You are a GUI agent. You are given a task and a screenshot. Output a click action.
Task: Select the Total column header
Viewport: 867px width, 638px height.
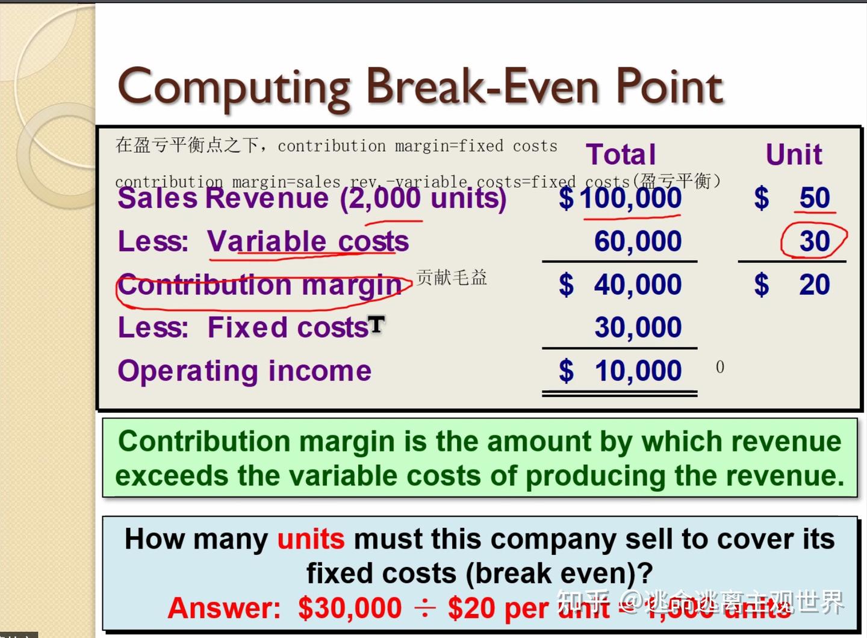pyautogui.click(x=621, y=155)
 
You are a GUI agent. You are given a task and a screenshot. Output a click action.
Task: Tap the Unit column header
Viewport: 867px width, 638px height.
pyautogui.click(x=794, y=155)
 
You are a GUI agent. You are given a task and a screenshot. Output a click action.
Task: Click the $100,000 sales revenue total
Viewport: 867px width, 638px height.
pyautogui.click(x=630, y=198)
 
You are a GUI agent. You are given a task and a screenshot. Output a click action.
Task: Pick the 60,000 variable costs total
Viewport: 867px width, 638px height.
pyautogui.click(x=638, y=241)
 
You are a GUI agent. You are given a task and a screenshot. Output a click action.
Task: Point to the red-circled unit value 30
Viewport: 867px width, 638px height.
pyautogui.click(x=815, y=241)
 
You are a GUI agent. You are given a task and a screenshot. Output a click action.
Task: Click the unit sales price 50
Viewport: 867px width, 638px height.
pyautogui.click(x=815, y=198)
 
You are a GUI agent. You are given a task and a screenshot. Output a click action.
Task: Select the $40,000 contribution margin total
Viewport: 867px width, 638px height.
pyautogui.click(x=637, y=285)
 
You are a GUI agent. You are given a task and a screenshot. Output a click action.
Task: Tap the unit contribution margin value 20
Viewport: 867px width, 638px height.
pyautogui.click(x=815, y=285)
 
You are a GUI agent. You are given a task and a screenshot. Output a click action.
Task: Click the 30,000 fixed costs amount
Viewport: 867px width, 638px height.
pyautogui.click(x=638, y=328)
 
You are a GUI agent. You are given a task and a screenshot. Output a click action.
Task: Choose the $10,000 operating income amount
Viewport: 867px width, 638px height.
pyautogui.click(x=638, y=371)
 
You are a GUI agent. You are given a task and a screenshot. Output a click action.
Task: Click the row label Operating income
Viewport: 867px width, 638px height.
pyautogui.click(x=244, y=371)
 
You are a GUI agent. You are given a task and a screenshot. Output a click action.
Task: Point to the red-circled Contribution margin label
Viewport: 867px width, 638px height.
pyautogui.click(x=260, y=285)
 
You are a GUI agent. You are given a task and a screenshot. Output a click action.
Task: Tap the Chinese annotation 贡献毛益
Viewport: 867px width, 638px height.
pyautogui.click(x=451, y=277)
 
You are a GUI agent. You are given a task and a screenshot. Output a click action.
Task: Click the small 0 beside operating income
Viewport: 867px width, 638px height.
pyautogui.click(x=720, y=367)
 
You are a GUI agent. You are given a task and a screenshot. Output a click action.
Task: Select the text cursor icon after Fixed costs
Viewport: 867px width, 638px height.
pyautogui.click(x=376, y=325)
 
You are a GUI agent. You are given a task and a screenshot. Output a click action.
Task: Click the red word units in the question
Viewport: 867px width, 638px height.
pyautogui.click(x=311, y=539)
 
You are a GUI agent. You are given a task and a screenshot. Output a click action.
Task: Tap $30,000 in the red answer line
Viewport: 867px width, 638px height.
pyautogui.click(x=350, y=608)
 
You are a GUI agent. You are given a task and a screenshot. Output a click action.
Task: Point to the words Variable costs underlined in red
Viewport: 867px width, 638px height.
pyautogui.click(x=308, y=242)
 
